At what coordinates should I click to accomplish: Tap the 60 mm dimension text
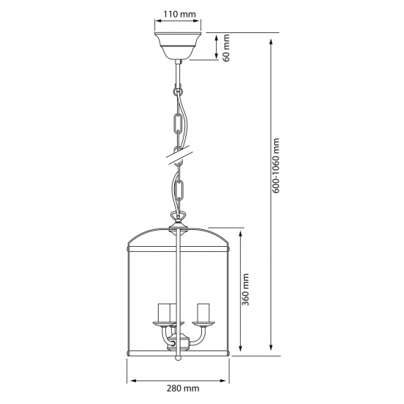tap(227, 48)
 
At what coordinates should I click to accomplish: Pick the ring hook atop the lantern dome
tap(177, 217)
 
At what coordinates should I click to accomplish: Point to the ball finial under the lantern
tap(177, 360)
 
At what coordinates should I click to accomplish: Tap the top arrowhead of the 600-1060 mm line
tap(273, 35)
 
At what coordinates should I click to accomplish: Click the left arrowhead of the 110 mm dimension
tap(155, 22)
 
